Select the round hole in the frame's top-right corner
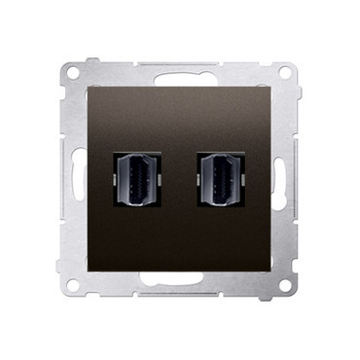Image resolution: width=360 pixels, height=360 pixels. tap(284, 72)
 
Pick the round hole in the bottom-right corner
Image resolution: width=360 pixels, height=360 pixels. tap(284, 288)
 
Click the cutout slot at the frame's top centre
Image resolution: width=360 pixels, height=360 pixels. tap(181, 70)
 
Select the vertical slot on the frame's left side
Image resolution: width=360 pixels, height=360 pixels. tap(69, 180)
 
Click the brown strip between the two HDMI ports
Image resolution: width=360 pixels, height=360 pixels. tap(181, 184)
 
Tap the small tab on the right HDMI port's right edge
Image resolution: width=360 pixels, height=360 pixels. tap(243, 184)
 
